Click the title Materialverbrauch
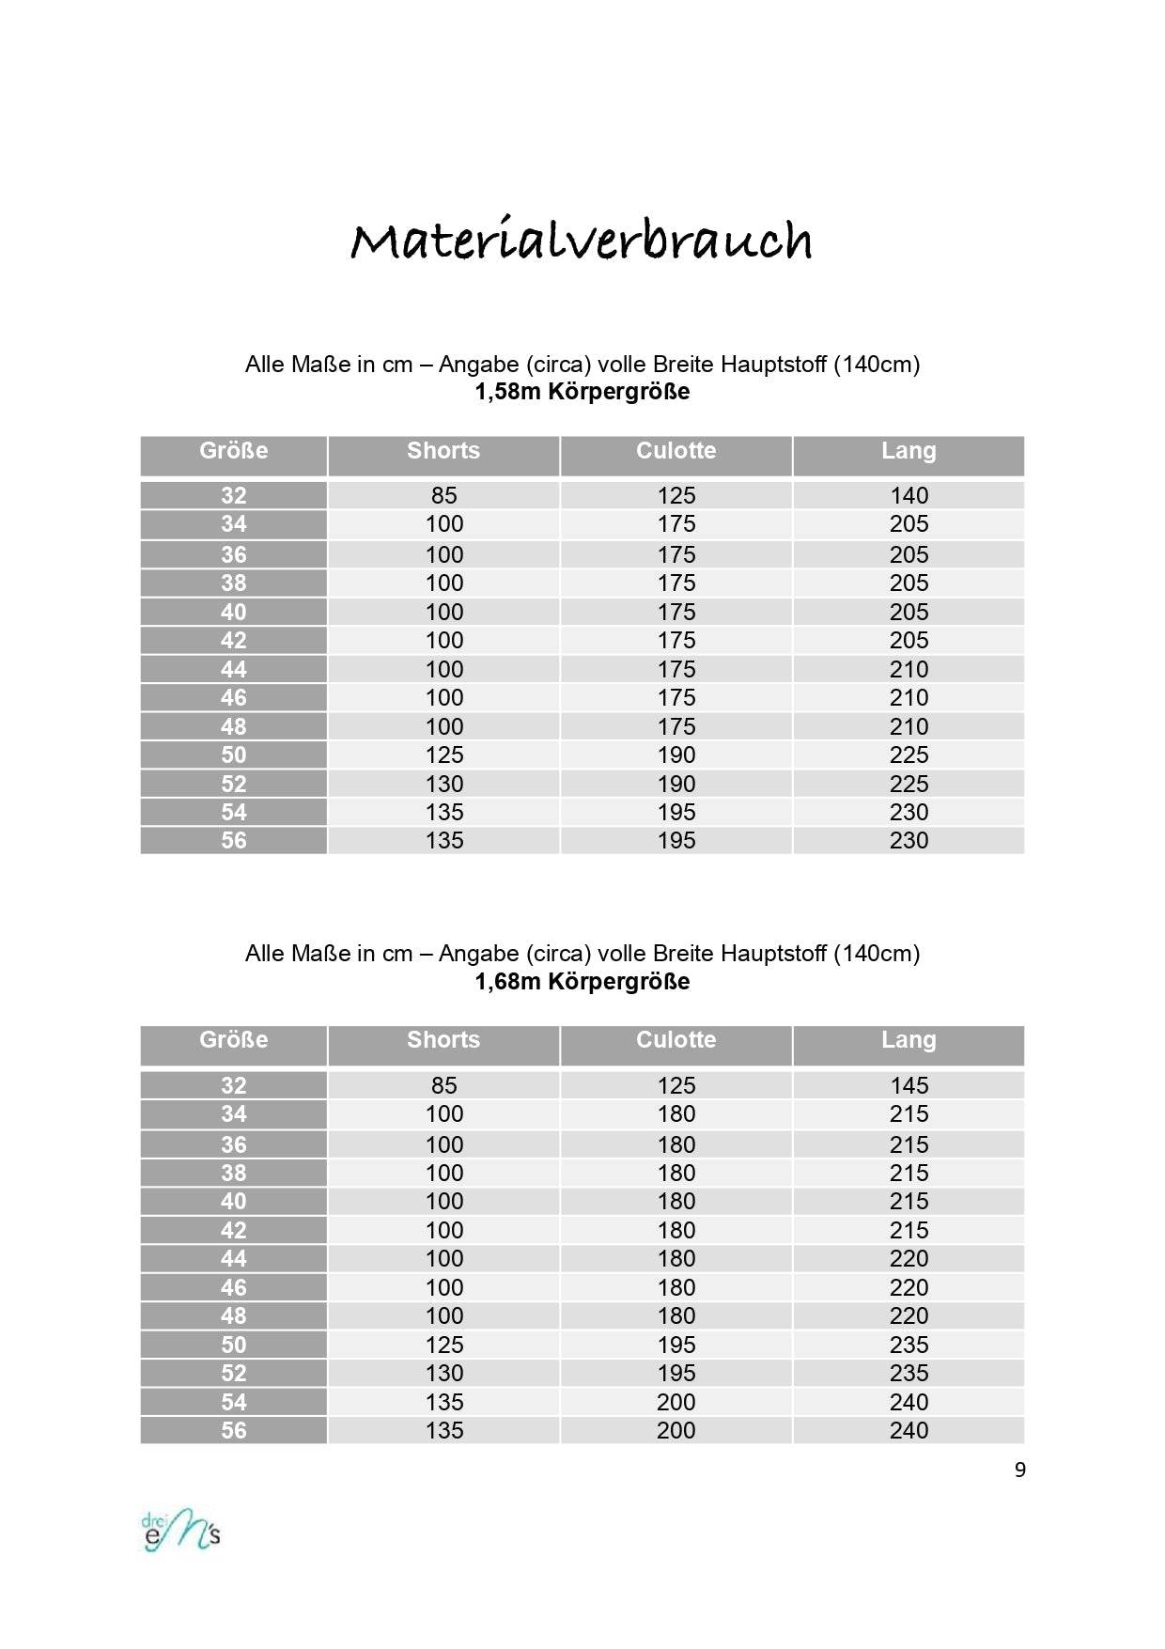coord(582,241)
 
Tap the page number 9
coord(1019,1470)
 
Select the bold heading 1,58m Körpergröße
coord(582,392)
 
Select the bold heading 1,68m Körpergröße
coord(582,982)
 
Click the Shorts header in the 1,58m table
coord(443,451)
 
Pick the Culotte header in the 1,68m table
coord(676,1040)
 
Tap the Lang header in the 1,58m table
coord(909,451)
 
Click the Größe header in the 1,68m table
coord(234,1040)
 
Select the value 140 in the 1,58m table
coord(909,495)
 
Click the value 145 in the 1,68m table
coord(909,1085)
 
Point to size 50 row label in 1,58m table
coord(234,754)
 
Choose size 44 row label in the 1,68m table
coord(234,1258)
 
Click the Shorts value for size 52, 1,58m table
coord(443,784)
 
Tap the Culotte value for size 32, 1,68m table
coord(676,1085)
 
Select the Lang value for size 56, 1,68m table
coord(909,1430)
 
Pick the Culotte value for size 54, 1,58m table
coord(676,812)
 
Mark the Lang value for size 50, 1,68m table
coord(909,1345)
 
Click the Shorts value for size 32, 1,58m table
coord(443,495)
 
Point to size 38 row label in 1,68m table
coord(234,1173)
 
